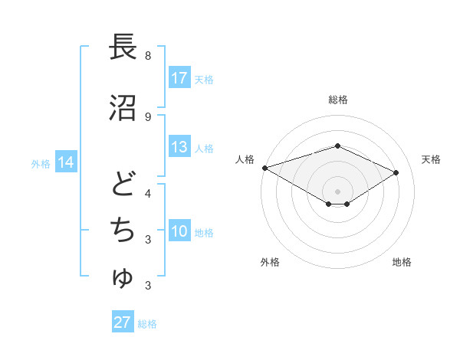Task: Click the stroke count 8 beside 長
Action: pyautogui.click(x=147, y=56)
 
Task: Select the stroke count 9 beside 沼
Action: pyautogui.click(x=147, y=116)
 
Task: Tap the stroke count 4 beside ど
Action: pyautogui.click(x=147, y=193)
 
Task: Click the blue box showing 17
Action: pyautogui.click(x=179, y=78)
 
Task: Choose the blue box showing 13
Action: pyautogui.click(x=179, y=147)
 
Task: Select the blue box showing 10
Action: pyautogui.click(x=179, y=231)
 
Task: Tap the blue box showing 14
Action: pyautogui.click(x=66, y=162)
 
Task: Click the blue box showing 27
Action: pyautogui.click(x=123, y=322)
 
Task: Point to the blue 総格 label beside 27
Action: pyautogui.click(x=147, y=323)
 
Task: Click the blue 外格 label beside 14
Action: pyautogui.click(x=41, y=163)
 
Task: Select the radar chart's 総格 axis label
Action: pyautogui.click(x=337, y=100)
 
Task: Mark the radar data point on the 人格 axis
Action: pyautogui.click(x=264, y=168)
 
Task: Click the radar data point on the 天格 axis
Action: pyautogui.click(x=396, y=172)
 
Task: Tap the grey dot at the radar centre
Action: pyautogui.click(x=337, y=191)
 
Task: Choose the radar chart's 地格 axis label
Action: pyautogui.click(x=402, y=262)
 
